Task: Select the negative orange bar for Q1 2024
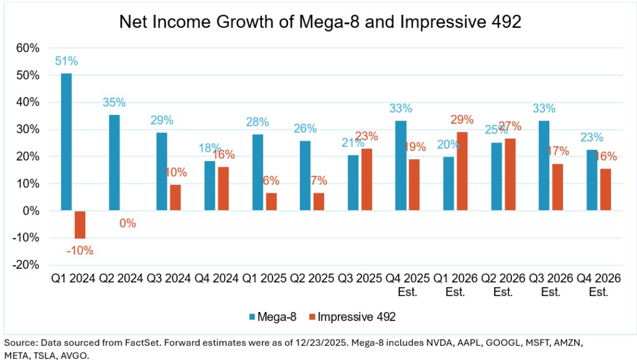(80, 224)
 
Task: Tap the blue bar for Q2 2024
(114, 163)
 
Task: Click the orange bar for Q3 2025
(366, 180)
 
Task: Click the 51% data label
(66, 61)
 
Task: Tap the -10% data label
(80, 251)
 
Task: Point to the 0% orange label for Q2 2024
(128, 223)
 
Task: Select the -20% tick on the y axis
(27, 265)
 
